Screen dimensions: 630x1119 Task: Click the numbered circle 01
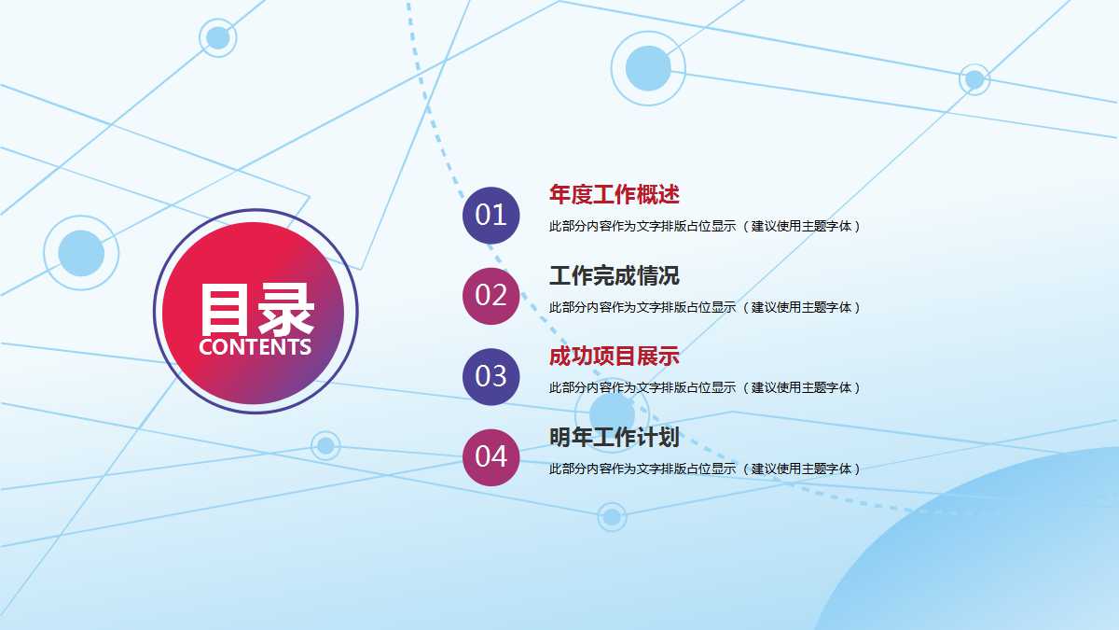(x=490, y=215)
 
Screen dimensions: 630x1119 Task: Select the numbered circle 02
(x=490, y=296)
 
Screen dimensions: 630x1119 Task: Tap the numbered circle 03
(x=490, y=376)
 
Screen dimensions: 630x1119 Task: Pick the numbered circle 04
(x=490, y=457)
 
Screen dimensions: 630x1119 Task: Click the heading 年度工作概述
(x=614, y=195)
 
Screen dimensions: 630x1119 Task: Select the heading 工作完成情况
(x=614, y=276)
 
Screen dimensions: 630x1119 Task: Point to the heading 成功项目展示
(x=614, y=357)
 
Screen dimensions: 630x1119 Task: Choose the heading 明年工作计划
(x=614, y=438)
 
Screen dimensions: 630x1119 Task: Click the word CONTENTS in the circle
(x=255, y=347)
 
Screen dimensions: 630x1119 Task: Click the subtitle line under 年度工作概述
(x=704, y=226)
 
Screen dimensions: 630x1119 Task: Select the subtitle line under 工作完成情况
(x=704, y=307)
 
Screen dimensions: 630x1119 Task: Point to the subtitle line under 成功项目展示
(x=704, y=387)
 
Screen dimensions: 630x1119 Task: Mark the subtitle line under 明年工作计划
(x=704, y=469)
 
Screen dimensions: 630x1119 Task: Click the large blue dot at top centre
(x=648, y=68)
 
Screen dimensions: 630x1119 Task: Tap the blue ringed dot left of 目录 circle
(x=81, y=252)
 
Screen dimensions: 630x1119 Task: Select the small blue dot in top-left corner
(x=217, y=37)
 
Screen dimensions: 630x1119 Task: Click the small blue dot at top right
(x=974, y=79)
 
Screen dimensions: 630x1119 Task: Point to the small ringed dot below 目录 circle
(x=325, y=445)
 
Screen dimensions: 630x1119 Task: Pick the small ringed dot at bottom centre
(x=612, y=516)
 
